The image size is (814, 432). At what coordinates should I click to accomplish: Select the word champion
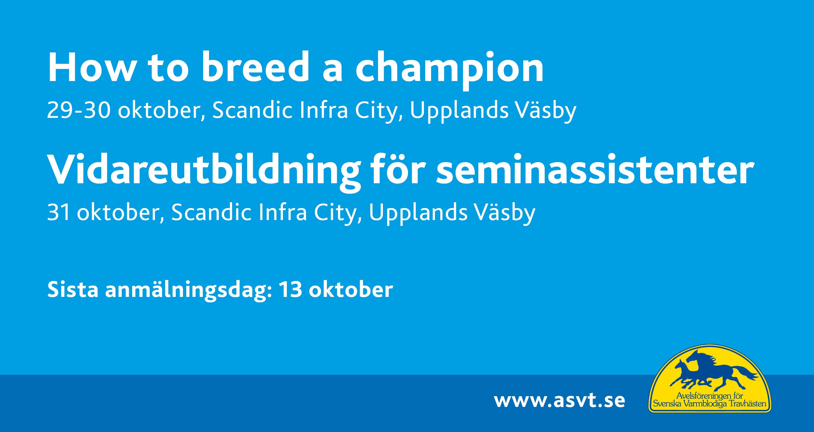click(449, 71)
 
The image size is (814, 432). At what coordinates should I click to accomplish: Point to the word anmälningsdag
click(189, 291)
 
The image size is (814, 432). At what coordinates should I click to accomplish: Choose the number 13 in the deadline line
click(290, 289)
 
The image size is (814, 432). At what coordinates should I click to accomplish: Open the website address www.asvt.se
click(559, 401)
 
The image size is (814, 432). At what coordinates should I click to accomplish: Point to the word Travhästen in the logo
click(748, 404)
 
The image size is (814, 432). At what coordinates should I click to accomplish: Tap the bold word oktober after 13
click(351, 289)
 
